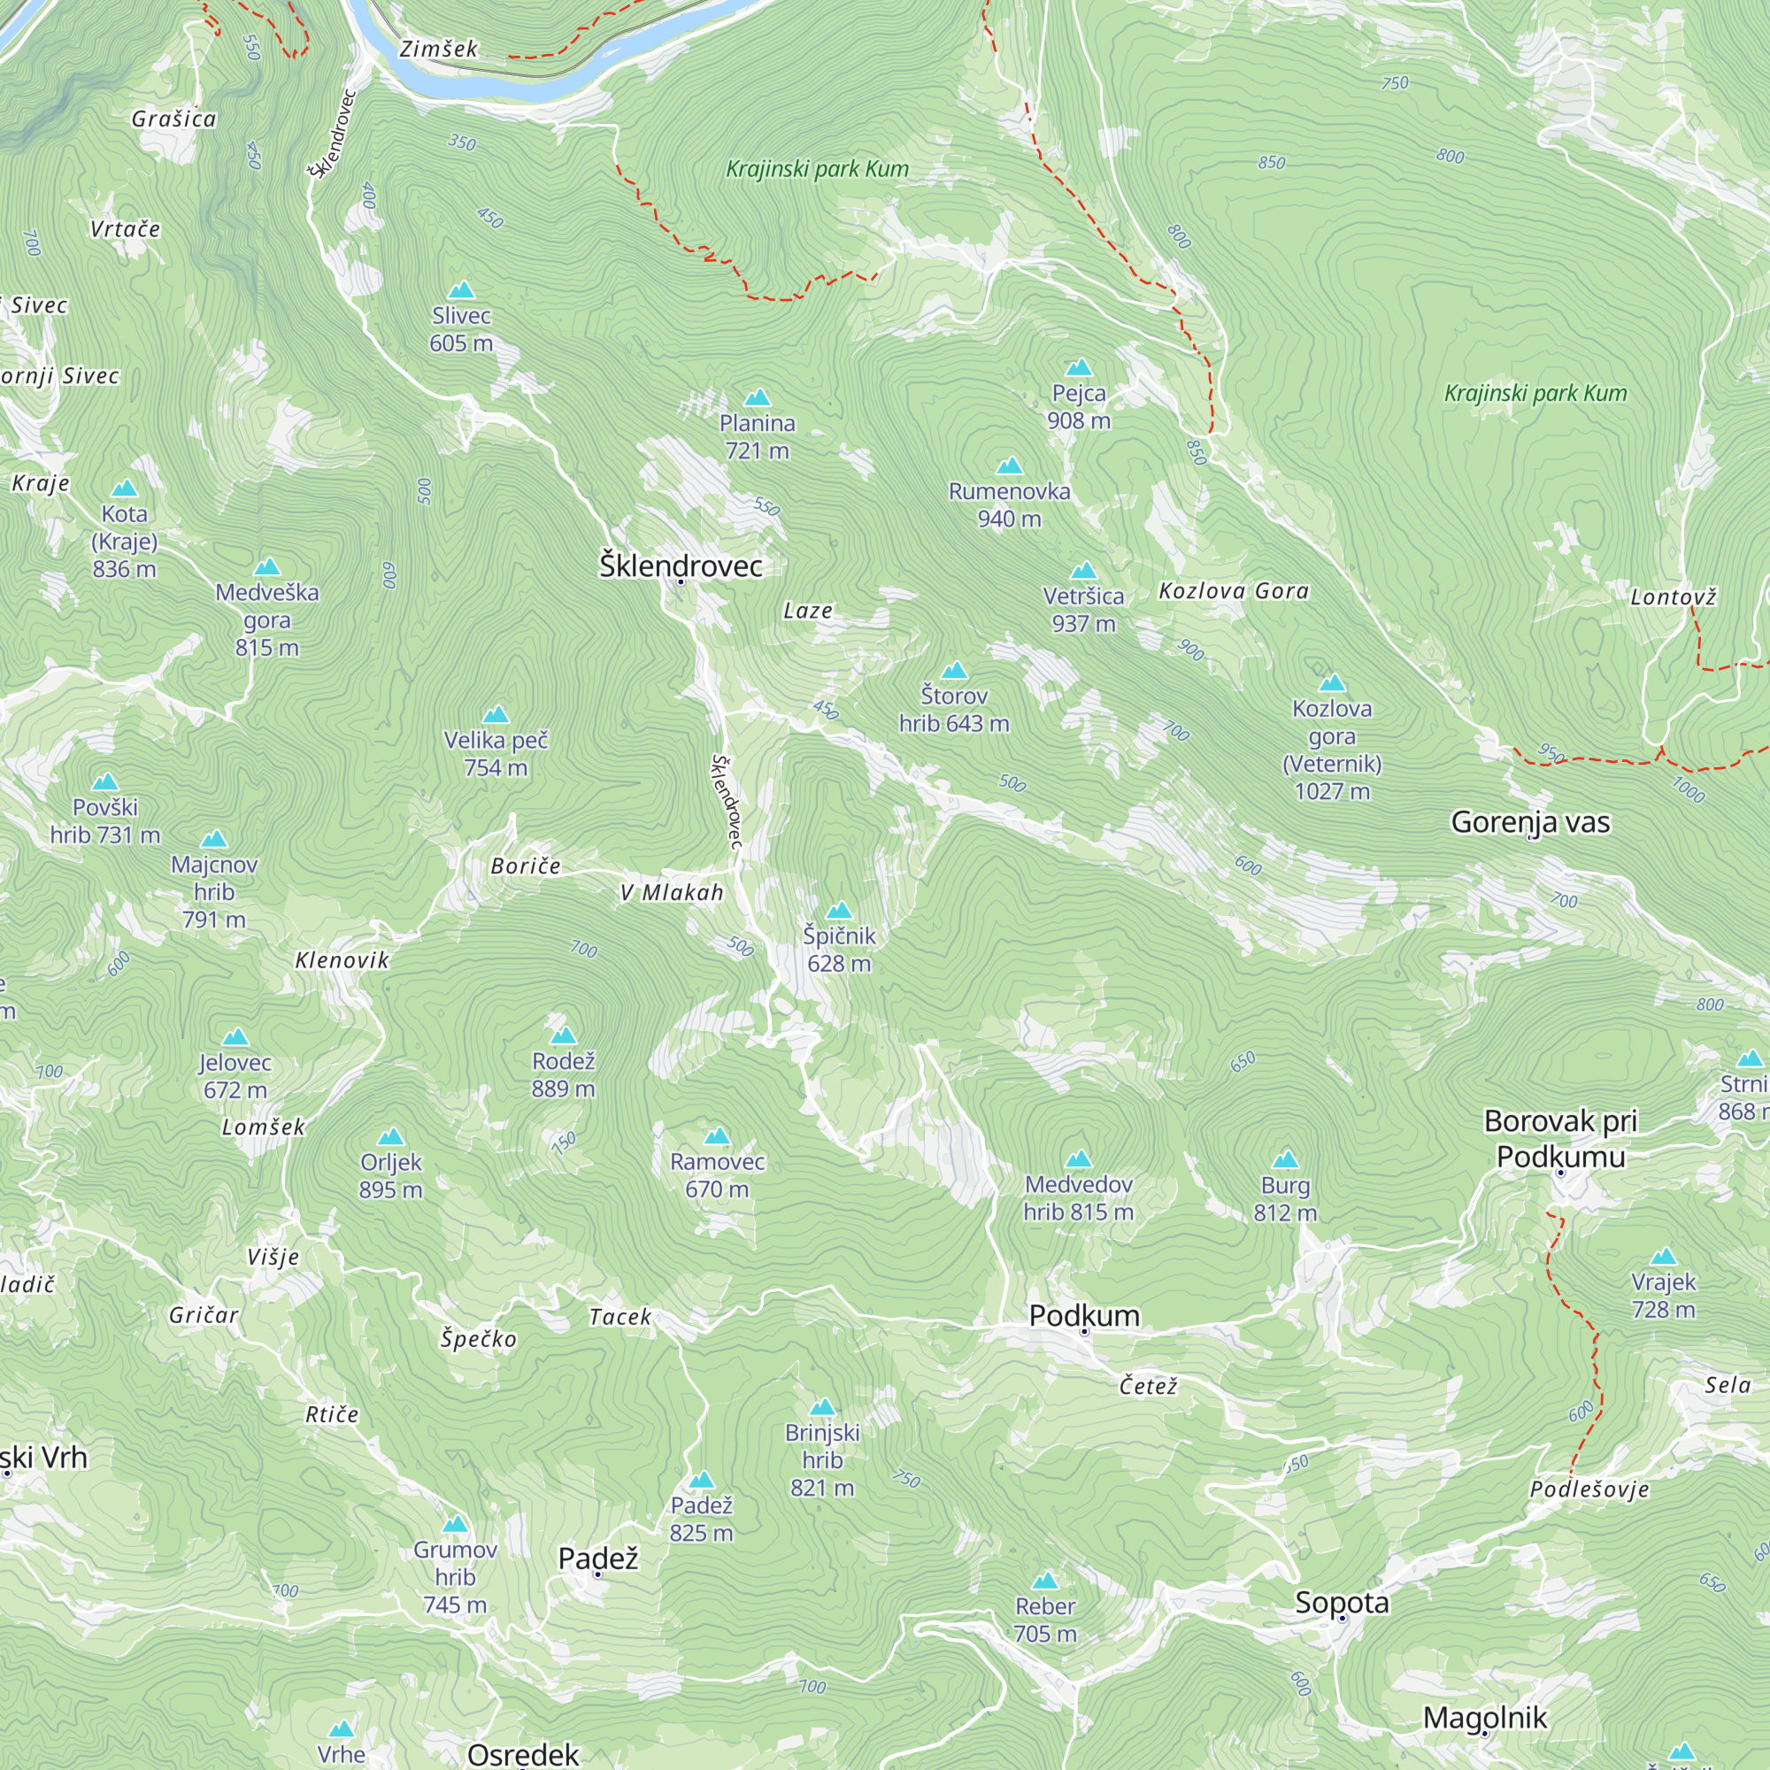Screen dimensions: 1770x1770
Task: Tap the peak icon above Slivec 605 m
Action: [461, 290]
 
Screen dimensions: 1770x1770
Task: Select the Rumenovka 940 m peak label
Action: [1009, 504]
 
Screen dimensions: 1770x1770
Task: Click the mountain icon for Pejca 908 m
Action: [1078, 367]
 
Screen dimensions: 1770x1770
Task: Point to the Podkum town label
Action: [1084, 1316]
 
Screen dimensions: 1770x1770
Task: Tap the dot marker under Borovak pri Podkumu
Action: [1561, 1173]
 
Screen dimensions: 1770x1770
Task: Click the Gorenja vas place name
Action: [1530, 822]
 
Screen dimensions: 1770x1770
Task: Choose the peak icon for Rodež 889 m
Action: [563, 1036]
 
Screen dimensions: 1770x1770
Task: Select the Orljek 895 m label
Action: [390, 1175]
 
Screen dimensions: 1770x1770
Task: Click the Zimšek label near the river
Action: [438, 49]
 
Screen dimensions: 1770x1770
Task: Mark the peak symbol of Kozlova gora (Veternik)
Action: [1331, 682]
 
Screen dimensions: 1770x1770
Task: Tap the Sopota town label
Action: [1342, 1603]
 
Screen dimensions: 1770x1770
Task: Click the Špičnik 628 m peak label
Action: [838, 949]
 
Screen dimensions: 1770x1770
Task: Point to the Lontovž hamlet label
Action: [1672, 597]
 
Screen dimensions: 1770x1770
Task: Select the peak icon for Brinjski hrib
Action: [822, 1407]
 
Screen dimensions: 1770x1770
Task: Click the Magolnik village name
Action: [1484, 1717]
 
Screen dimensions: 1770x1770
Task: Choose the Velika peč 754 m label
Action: [496, 753]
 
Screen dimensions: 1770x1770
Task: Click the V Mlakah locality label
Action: [672, 892]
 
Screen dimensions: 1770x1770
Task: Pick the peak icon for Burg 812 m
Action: [1285, 1160]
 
